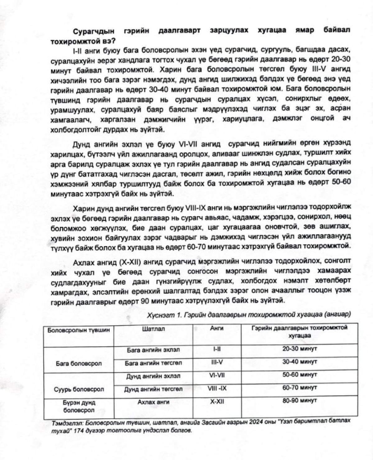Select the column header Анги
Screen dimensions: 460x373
[217, 328]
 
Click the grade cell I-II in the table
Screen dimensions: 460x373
[217, 349]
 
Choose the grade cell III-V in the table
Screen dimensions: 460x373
[217, 362]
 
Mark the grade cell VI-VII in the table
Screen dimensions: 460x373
[217, 375]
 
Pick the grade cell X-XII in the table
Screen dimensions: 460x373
[217, 401]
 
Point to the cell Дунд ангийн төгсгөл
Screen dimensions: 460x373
[153, 389]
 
